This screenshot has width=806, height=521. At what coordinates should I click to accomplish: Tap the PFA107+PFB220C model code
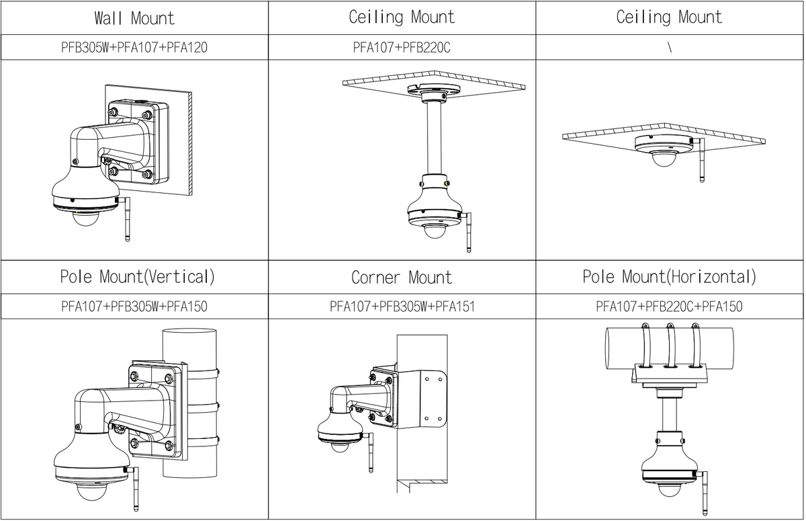[402, 48]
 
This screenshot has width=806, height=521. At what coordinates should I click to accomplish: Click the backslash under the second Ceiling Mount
[670, 48]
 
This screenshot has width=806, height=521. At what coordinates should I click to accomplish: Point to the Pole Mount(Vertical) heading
[137, 276]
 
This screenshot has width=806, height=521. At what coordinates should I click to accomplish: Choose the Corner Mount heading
[402, 277]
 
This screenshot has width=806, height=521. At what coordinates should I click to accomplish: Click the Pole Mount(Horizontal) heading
[669, 276]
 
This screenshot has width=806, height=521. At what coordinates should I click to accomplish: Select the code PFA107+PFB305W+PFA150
[134, 307]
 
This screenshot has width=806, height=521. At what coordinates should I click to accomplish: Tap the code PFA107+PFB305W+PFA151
[402, 307]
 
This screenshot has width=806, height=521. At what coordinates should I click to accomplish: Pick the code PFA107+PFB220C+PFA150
[669, 307]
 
